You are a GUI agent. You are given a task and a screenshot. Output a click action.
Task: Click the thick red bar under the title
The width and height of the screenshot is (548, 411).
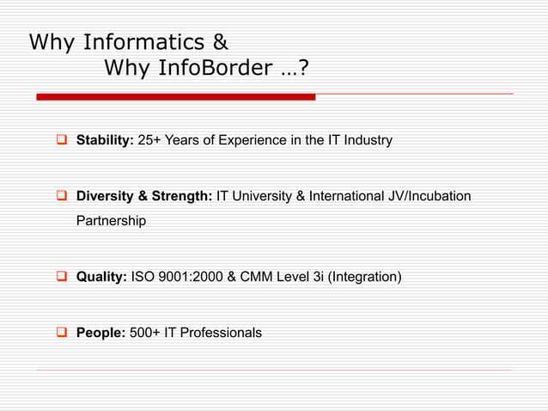176,97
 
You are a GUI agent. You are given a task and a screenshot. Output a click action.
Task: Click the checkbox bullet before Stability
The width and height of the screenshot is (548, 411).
63,140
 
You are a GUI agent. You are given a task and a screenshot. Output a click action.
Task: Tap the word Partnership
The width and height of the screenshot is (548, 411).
111,221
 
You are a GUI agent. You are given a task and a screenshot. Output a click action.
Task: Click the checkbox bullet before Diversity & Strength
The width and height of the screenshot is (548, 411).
63,196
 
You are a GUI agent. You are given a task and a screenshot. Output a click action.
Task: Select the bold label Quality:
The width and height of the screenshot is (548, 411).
101,277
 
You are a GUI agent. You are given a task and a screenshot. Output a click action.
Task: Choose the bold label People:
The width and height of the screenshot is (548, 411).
100,332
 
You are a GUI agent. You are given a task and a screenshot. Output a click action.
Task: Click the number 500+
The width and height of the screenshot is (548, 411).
144,332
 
